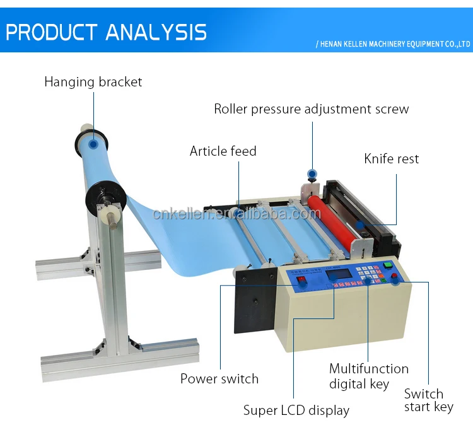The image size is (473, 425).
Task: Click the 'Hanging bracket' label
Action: pos(93,82)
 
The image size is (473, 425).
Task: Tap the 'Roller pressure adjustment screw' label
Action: pos(311,109)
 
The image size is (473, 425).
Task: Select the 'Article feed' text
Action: pos(223,151)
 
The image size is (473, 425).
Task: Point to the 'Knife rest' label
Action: pos(391,158)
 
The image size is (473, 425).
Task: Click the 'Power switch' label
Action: pos(219,379)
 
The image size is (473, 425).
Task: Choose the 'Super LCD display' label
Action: pos(296,410)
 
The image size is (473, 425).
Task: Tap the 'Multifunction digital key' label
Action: pos(369,376)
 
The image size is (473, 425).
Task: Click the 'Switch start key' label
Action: pos(428,400)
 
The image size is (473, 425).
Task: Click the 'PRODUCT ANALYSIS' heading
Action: pos(106,32)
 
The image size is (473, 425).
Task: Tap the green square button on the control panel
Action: pos(388,265)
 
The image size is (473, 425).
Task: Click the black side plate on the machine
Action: pos(255,300)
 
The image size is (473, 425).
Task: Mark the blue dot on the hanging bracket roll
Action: pos(93,144)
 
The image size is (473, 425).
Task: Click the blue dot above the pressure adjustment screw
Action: pos(311,173)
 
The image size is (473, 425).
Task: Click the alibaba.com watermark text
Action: pos(237,214)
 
